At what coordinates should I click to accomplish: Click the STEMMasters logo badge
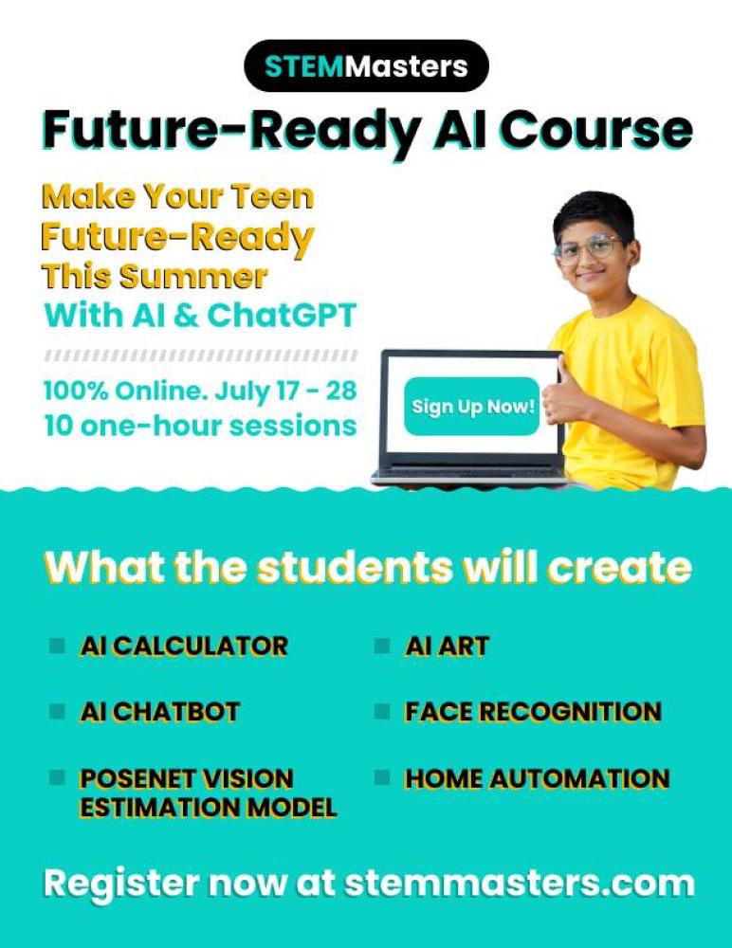(x=366, y=65)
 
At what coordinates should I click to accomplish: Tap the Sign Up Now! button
(x=472, y=407)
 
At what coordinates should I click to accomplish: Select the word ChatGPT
(x=282, y=316)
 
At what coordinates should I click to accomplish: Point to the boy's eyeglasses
(x=589, y=248)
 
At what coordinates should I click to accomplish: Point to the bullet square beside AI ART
(x=382, y=646)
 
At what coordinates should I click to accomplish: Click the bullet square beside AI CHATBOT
(x=57, y=711)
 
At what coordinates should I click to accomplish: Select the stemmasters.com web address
(x=519, y=884)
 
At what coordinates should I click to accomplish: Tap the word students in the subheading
(x=355, y=567)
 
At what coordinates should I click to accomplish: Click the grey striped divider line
(x=200, y=355)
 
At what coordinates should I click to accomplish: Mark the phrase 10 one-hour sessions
(x=200, y=426)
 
